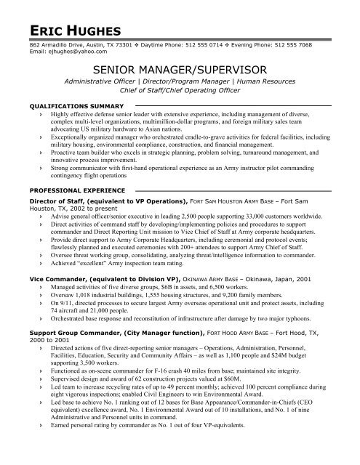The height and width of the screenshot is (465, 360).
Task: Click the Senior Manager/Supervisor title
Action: (179, 68)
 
